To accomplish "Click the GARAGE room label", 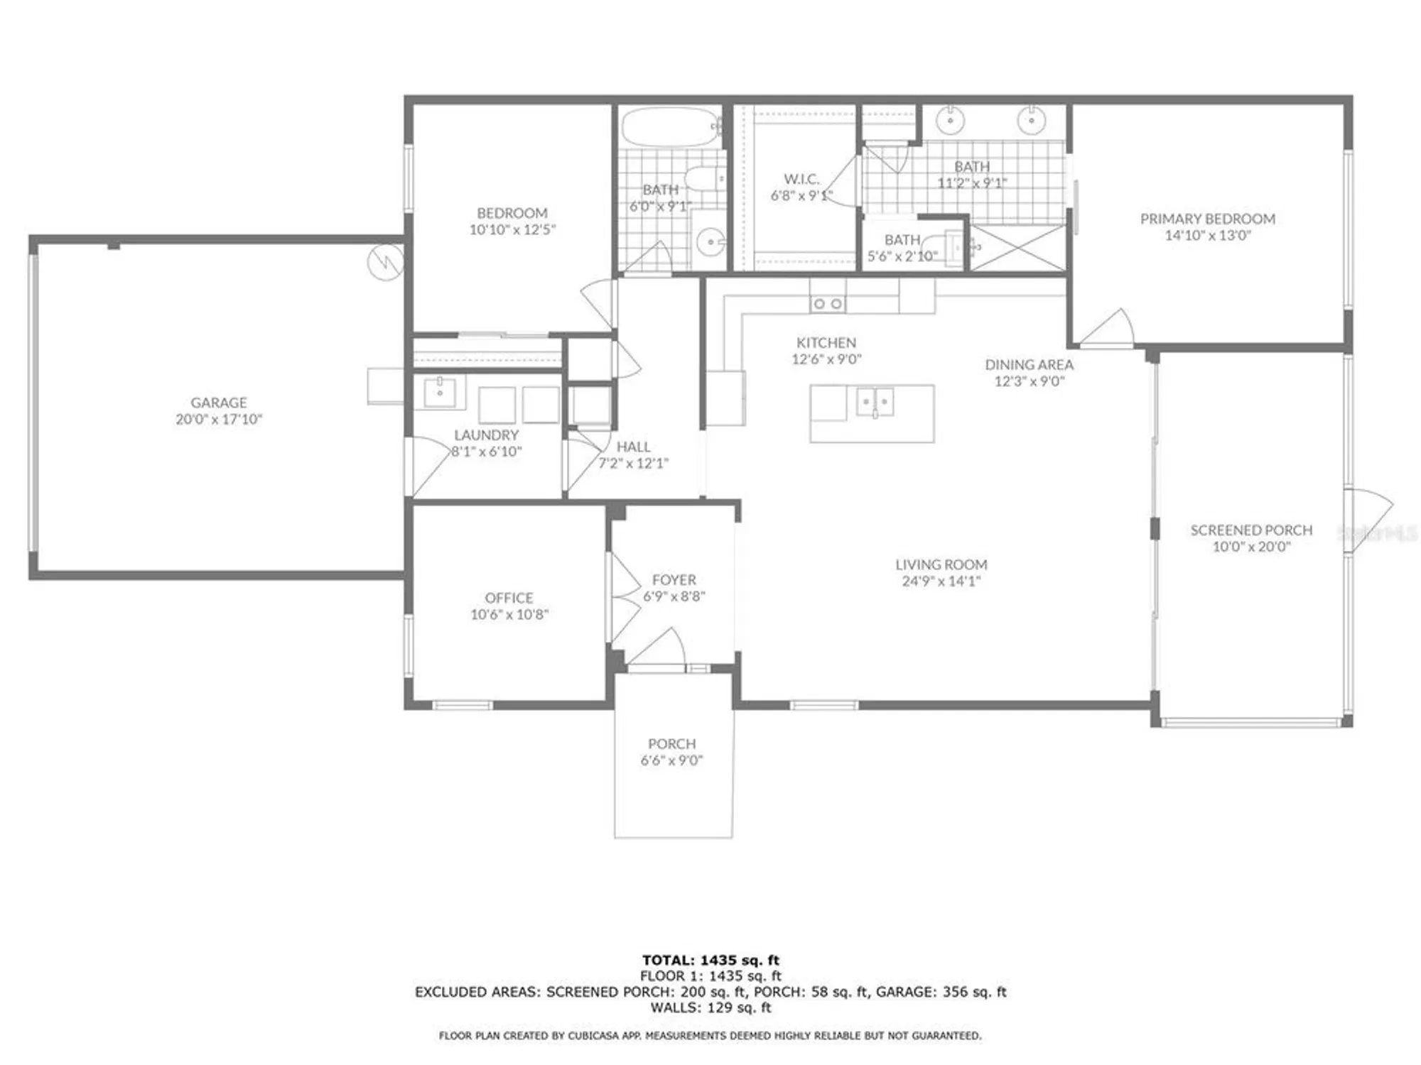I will (x=219, y=402).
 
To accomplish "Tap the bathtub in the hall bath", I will (x=667, y=127).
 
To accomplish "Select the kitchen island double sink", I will (x=875, y=402).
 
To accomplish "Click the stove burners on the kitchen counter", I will (x=828, y=304).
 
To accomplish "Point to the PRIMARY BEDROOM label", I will (x=1207, y=219).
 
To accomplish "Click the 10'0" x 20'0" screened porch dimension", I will (x=1251, y=547).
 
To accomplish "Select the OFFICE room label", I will (x=509, y=598).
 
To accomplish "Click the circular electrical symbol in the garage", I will (x=385, y=262).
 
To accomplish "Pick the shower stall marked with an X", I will (x=1017, y=246).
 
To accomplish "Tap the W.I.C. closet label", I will (x=801, y=179).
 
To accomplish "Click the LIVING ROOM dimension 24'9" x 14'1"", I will (x=941, y=581).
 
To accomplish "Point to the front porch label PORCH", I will (x=671, y=743).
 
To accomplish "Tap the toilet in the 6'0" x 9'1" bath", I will (x=703, y=178).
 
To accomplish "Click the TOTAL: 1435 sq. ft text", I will (x=710, y=960).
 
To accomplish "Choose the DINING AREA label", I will (x=1029, y=364).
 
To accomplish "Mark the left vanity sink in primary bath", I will (x=951, y=121).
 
